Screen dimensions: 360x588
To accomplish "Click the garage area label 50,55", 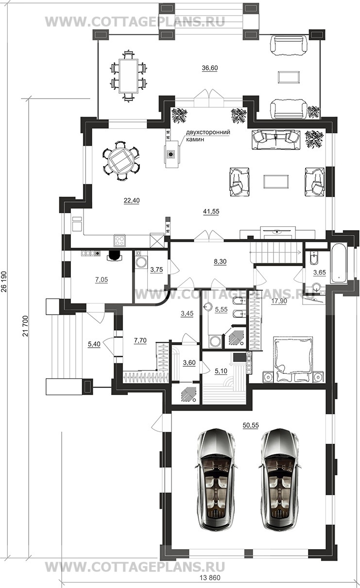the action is (251, 425).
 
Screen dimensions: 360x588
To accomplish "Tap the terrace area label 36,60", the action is (210, 68).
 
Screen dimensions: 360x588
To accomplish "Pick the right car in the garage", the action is (280, 479).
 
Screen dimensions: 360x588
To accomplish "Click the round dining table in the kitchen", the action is (121, 161).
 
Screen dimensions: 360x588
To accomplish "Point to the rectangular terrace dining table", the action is (128, 76).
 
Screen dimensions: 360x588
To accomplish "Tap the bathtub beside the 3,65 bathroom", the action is (339, 263).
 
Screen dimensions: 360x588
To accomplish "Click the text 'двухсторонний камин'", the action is (208, 136).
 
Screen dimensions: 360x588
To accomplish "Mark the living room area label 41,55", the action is (211, 211).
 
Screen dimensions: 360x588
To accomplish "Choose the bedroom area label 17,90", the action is (279, 301).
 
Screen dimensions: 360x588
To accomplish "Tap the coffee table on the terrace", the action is (289, 77).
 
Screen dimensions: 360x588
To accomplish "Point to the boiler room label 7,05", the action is (102, 280).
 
